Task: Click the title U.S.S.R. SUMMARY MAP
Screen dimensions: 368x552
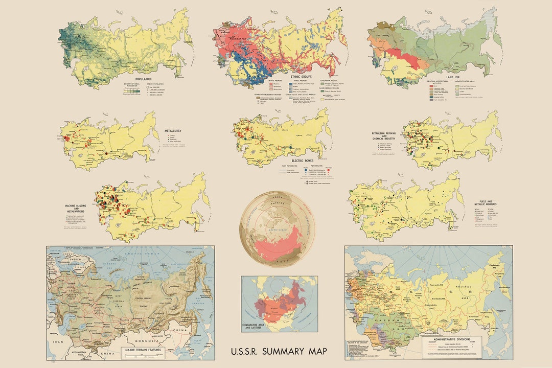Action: point(279,352)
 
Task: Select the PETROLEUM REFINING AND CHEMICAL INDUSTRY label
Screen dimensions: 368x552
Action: point(385,136)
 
